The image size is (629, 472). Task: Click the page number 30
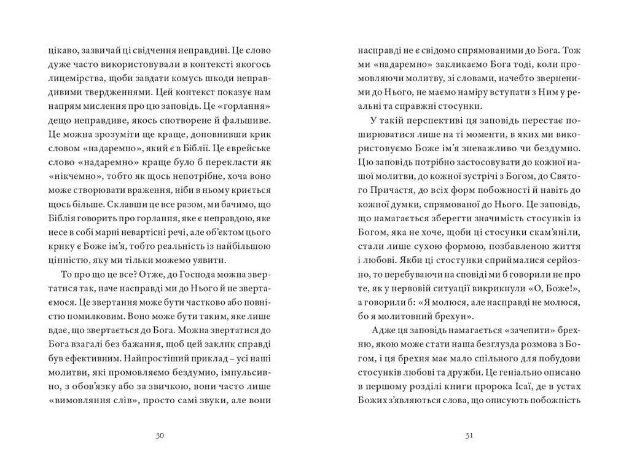[160, 436]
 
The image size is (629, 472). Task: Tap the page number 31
[469, 436]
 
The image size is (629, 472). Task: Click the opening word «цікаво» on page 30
[61, 49]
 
